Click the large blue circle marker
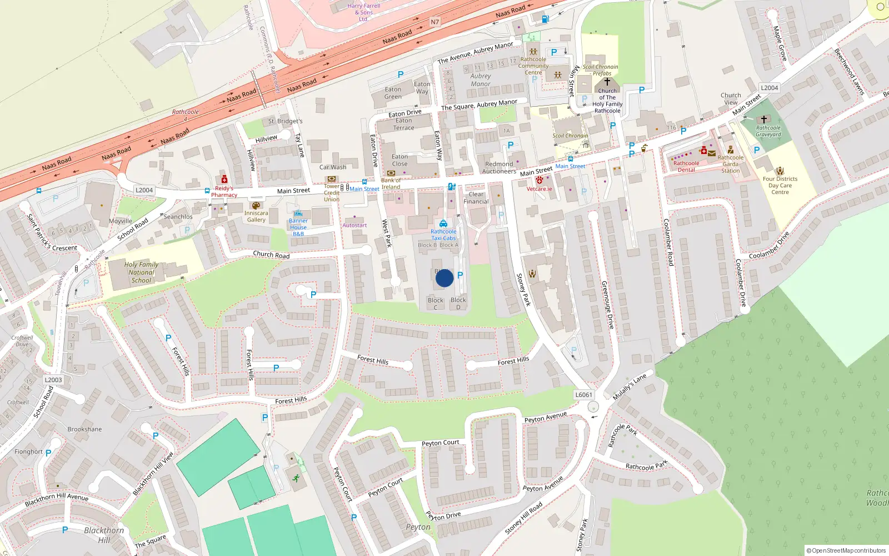pyautogui.click(x=444, y=278)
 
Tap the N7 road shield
pyautogui.click(x=434, y=22)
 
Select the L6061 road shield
pyautogui.click(x=583, y=395)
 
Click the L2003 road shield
pyautogui.click(x=53, y=380)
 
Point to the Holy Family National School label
pyautogui.click(x=141, y=272)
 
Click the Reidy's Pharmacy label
pyautogui.click(x=224, y=192)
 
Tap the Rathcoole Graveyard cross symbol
pyautogui.click(x=764, y=120)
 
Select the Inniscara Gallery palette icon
pyautogui.click(x=256, y=206)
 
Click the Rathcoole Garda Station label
pyautogui.click(x=730, y=164)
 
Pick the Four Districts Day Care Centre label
pyautogui.click(x=780, y=186)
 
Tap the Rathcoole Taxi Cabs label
pyautogui.click(x=443, y=235)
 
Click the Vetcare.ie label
pyautogui.click(x=540, y=189)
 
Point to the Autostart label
pyautogui.click(x=354, y=225)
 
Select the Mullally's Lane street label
pyautogui.click(x=630, y=387)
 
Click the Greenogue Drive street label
pyautogui.click(x=608, y=305)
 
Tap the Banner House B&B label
pyautogui.click(x=298, y=227)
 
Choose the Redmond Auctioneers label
pyautogui.click(x=499, y=167)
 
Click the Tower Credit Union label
pyautogui.click(x=332, y=193)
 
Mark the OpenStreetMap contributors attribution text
pyautogui.click(x=846, y=551)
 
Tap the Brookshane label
pyautogui.click(x=84, y=429)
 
